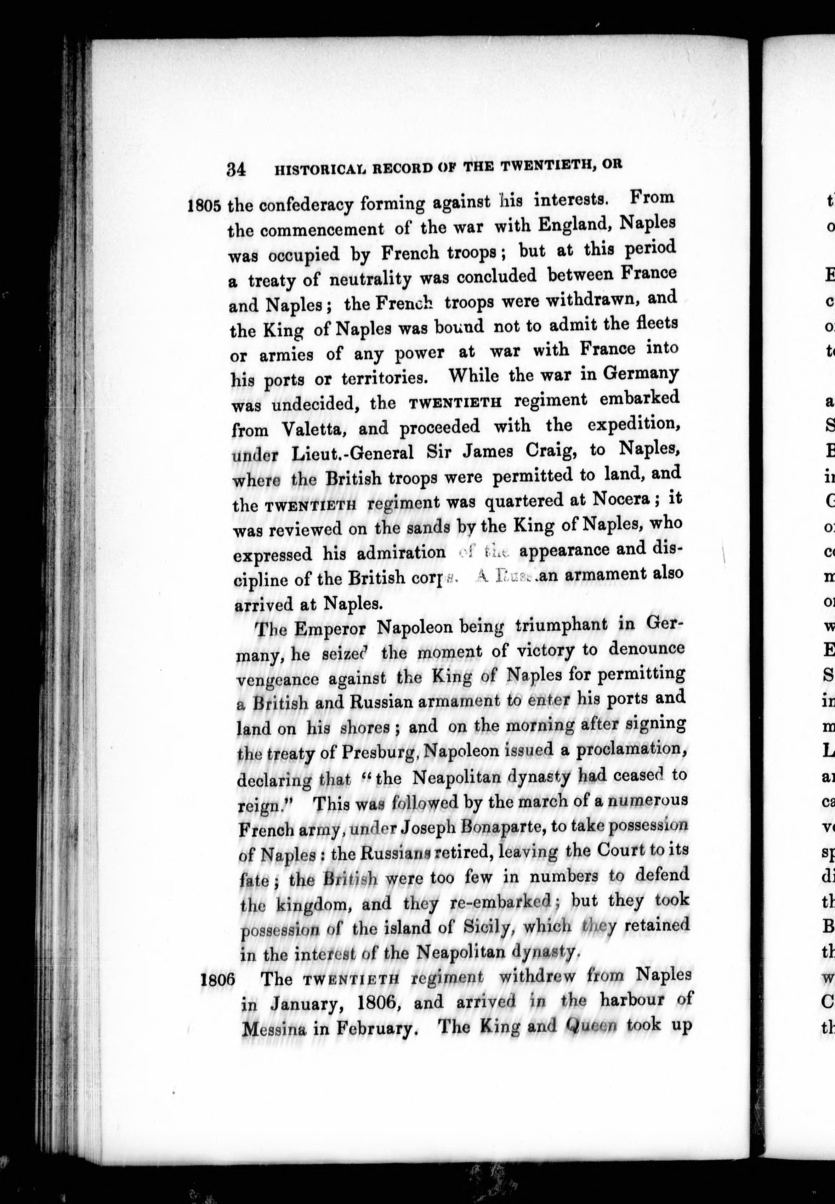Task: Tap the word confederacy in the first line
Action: pyautogui.click(x=306, y=204)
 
